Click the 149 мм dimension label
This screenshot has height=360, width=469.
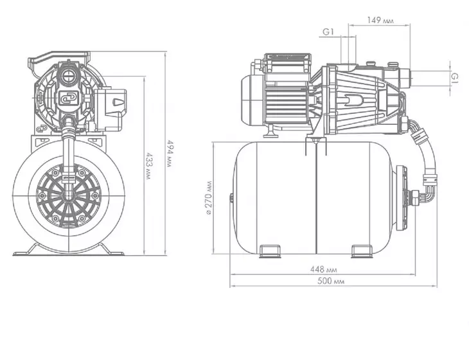point(380,21)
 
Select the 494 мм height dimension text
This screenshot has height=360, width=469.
point(170,153)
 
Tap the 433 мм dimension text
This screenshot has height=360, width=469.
point(148,166)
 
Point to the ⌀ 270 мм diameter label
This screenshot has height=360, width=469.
point(208,198)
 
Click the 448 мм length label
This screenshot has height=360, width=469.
point(324,269)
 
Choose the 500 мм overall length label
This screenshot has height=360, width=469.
point(331,282)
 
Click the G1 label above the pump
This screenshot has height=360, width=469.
point(328,32)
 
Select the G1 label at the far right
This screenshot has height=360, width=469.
point(454,78)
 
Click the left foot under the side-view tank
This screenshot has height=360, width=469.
point(270,251)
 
